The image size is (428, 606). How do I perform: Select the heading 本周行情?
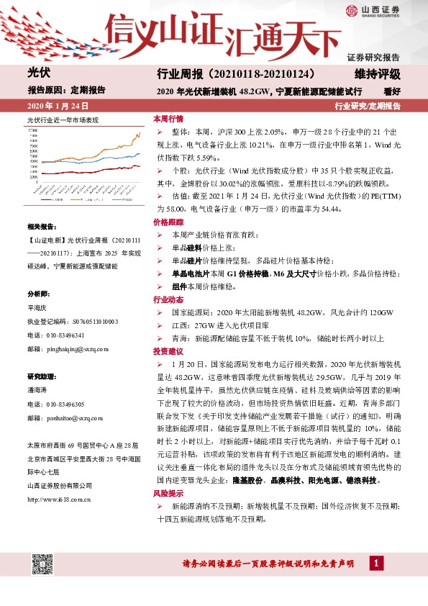tap(168, 118)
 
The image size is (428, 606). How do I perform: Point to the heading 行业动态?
tap(168, 299)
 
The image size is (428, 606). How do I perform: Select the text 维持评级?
tap(377, 75)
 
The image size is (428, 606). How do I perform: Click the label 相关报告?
tap(40, 226)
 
